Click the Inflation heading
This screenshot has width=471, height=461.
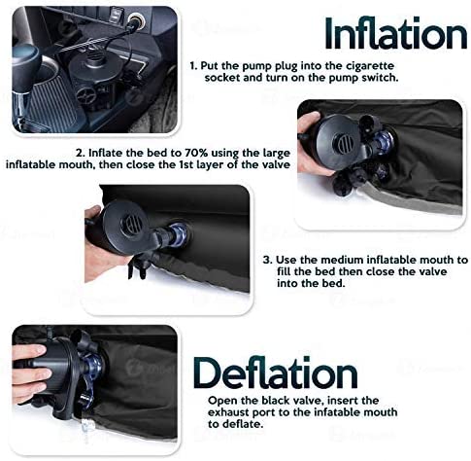(x=395, y=33)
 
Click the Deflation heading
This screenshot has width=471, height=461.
(x=276, y=372)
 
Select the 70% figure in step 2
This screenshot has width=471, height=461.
(x=196, y=153)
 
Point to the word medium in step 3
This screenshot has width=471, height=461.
(x=342, y=260)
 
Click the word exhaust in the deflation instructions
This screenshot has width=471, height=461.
(x=228, y=412)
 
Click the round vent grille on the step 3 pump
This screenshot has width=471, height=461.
(x=133, y=225)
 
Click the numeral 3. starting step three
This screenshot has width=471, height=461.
(x=267, y=260)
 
